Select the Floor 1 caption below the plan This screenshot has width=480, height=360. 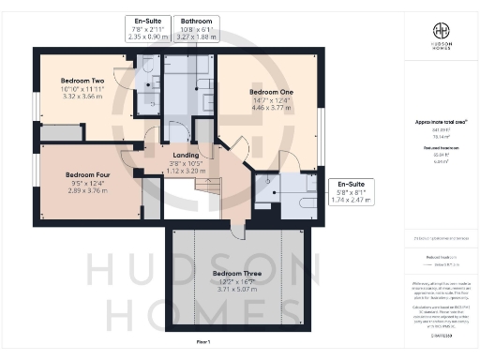click(203, 343)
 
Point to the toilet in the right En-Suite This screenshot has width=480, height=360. click(267, 188)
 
